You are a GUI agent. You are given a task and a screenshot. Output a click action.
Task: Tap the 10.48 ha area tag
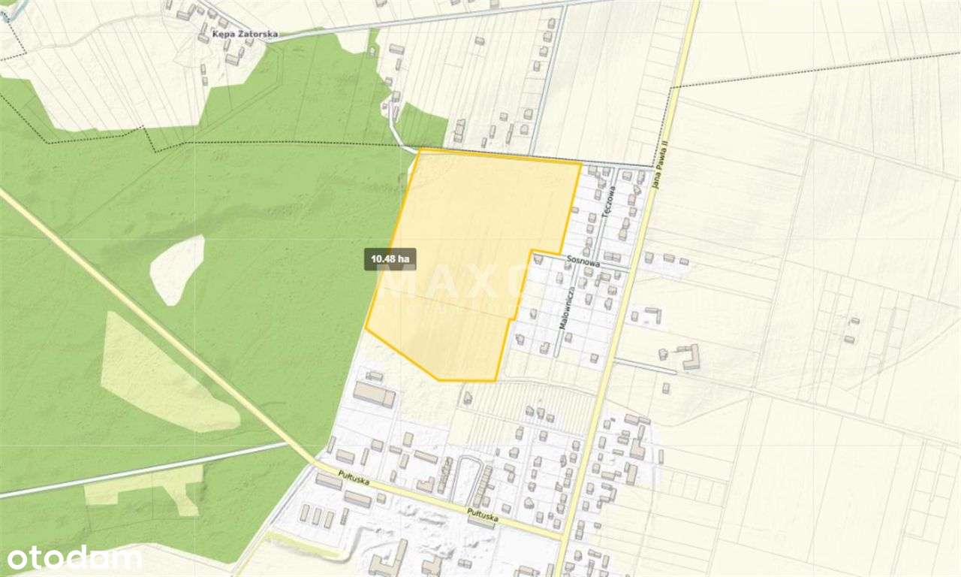pyautogui.click(x=390, y=259)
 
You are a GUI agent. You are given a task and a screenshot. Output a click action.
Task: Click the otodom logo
pyautogui.click(x=74, y=558)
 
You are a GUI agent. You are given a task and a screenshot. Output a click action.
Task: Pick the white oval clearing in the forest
pyautogui.click(x=178, y=269)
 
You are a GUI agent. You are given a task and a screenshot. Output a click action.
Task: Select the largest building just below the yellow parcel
pyautogui.click(x=374, y=394)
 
